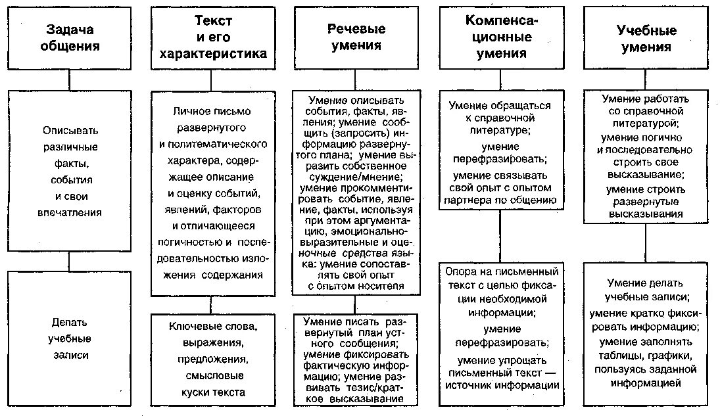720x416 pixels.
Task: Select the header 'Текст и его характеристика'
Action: (213, 38)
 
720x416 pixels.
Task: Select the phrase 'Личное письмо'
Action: (212, 112)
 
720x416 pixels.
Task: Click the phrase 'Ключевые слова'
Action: (212, 327)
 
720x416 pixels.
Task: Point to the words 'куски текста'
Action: (212, 392)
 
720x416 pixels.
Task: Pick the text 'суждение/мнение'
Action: (356, 177)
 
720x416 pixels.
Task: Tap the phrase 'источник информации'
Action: (502, 385)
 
